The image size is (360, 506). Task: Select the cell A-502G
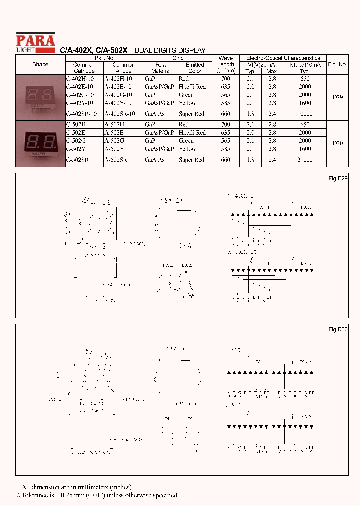pos(115,141)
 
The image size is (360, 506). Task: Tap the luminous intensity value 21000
pos(304,160)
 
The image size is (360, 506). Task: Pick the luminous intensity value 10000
pos(304,114)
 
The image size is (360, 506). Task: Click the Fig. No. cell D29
pos(338,98)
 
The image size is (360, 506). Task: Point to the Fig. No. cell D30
pos(338,143)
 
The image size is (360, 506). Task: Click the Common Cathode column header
pos(84,68)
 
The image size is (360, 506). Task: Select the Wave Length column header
pos(226,64)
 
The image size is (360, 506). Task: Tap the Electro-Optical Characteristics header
pos(283,58)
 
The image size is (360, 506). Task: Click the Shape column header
pos(40,65)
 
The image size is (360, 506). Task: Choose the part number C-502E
pos(77,133)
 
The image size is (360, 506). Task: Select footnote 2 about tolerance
pos(97,495)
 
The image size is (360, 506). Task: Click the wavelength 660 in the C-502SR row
pos(226,160)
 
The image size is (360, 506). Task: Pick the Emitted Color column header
pos(195,68)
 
